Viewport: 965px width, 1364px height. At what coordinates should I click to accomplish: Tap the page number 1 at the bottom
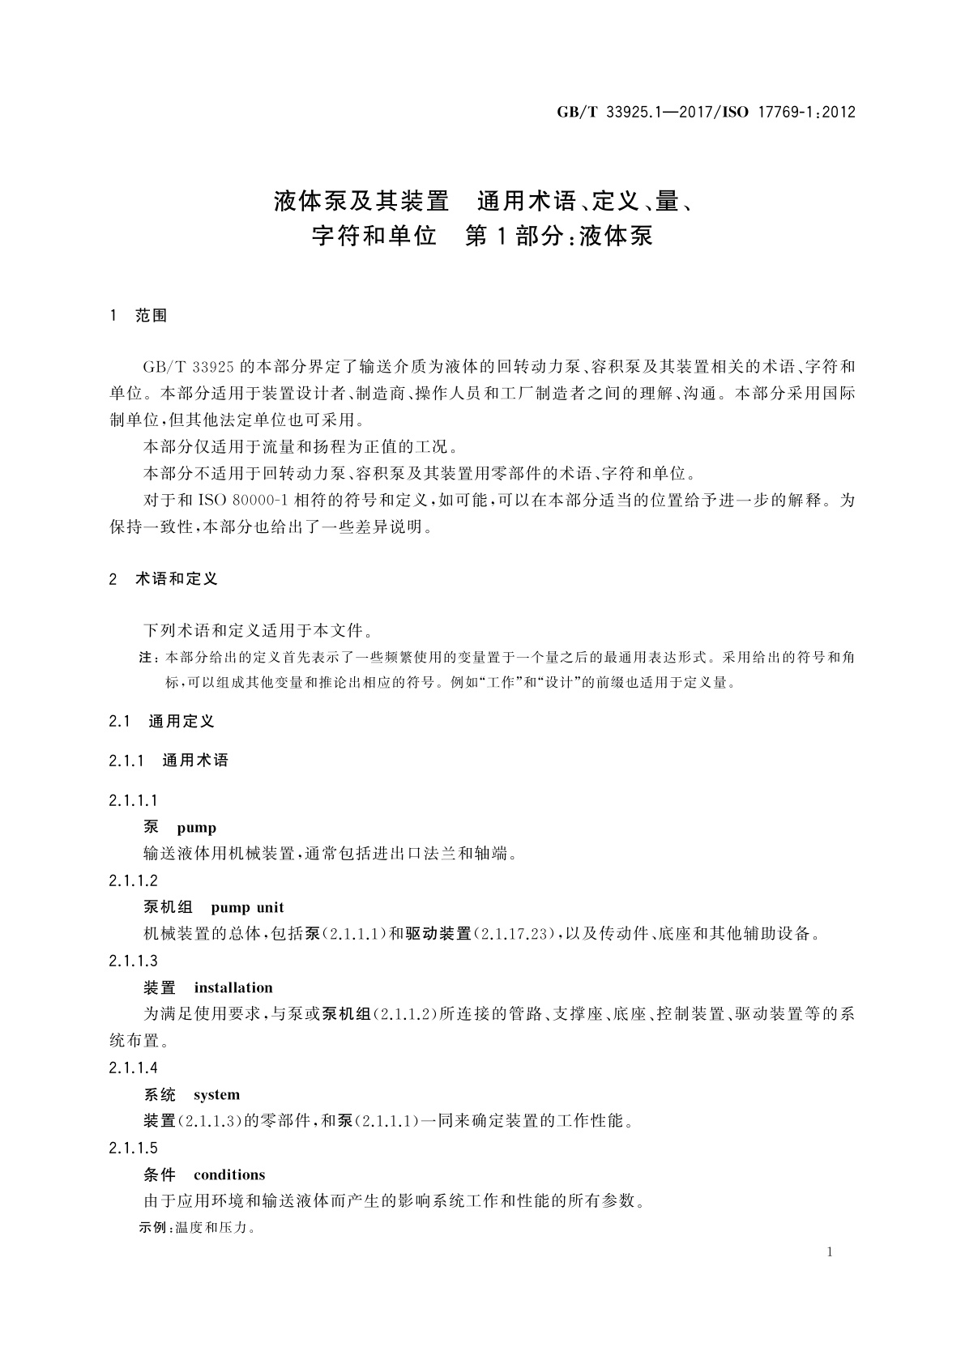[830, 1252]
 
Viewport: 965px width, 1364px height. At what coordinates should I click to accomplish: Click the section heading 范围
[152, 316]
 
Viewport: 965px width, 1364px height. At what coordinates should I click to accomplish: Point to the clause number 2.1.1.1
[134, 801]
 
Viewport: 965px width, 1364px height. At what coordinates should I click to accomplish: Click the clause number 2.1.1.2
[134, 881]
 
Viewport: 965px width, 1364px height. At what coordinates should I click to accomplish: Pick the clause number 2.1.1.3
[134, 961]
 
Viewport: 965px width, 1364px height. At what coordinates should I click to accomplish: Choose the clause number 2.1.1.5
[134, 1149]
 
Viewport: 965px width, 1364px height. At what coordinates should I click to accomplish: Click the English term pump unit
[247, 908]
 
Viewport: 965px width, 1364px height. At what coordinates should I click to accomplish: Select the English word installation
[233, 988]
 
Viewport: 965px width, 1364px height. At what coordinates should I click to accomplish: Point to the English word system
[216, 1095]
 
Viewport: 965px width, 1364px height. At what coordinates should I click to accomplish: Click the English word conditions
[229, 1175]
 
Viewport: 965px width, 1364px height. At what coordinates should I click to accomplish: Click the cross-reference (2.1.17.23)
[514, 935]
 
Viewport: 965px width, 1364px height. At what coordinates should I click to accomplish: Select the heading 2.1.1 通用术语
[169, 761]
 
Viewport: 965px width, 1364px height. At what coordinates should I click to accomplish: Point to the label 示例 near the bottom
[152, 1228]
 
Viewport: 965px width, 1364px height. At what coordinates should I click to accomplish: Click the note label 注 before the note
[146, 657]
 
